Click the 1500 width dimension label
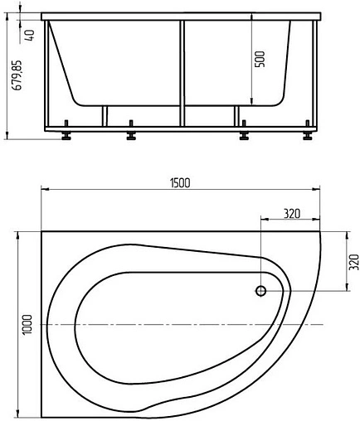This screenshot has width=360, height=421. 180,183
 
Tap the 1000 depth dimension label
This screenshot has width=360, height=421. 27,324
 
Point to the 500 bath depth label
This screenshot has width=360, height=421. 260,59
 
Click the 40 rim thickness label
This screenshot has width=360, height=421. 30,36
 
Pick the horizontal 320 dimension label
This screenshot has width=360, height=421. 292,214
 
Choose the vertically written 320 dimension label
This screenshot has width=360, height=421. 354,262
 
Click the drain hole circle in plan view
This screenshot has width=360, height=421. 261,291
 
